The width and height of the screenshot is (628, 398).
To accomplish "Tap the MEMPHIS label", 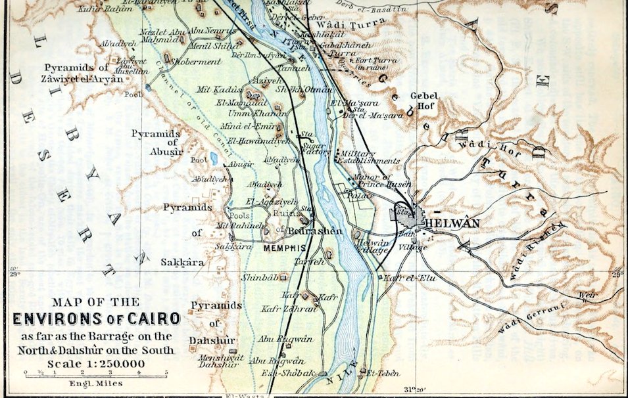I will coord(285,249).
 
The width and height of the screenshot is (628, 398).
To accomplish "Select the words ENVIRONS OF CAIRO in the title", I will coord(97,319).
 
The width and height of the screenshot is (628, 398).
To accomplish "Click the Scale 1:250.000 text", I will coord(95,363).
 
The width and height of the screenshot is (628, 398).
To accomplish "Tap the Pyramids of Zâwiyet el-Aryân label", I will coord(84,73).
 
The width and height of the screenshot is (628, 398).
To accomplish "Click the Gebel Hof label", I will coord(424,100).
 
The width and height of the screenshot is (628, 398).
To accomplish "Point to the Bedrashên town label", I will coord(304,232).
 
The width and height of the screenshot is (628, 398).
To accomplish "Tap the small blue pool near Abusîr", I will coord(214,158).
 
